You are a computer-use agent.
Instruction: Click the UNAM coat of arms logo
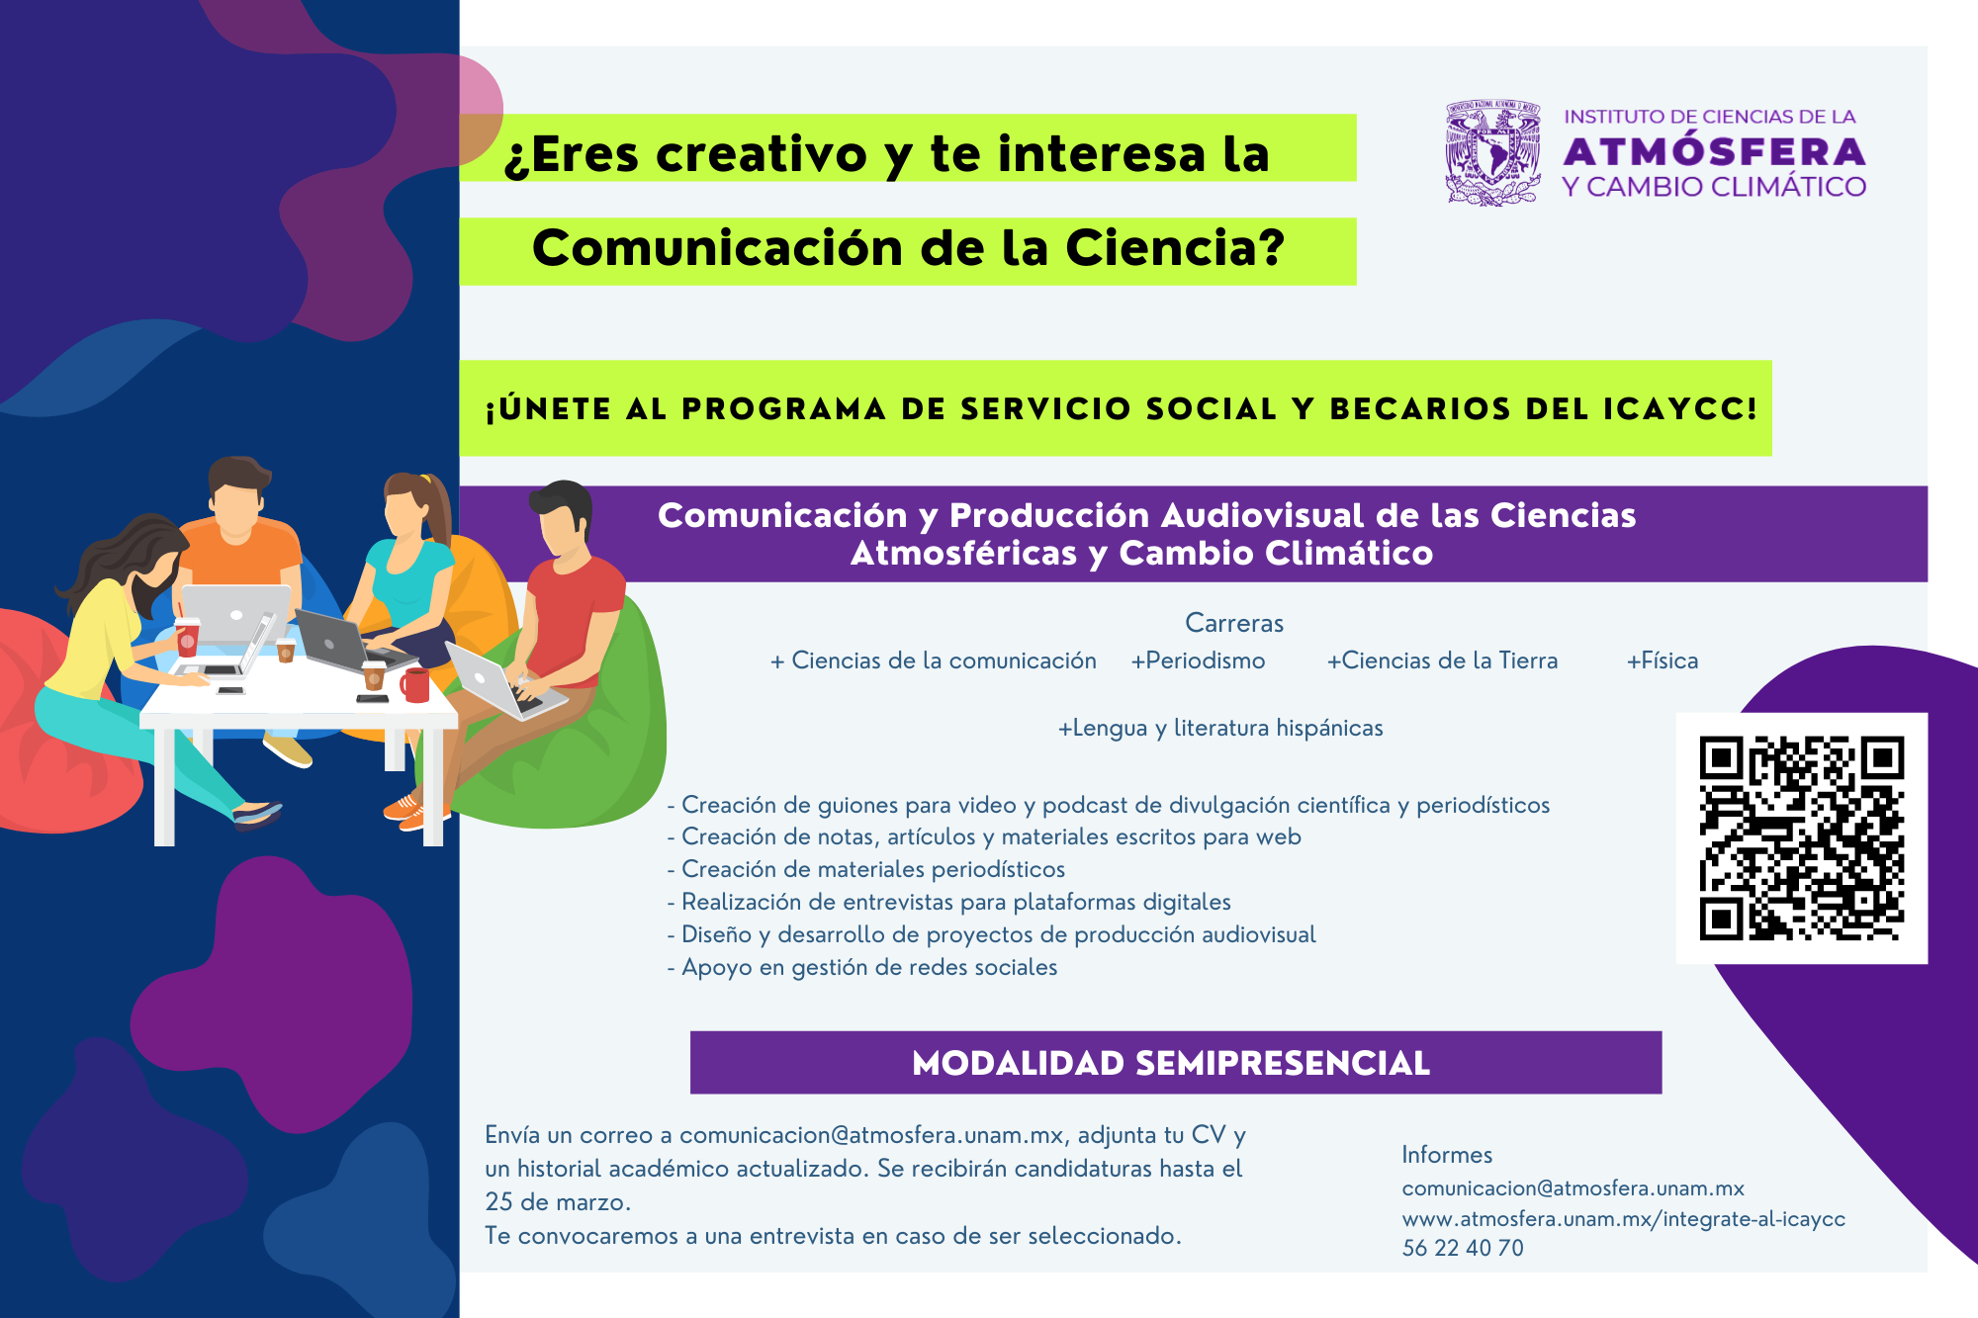click(x=1492, y=152)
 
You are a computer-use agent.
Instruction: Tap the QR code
click(x=1801, y=837)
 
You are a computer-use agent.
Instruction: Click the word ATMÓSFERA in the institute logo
click(x=1714, y=151)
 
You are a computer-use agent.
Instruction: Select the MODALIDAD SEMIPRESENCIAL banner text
click(x=1171, y=1063)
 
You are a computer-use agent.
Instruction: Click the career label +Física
click(x=1663, y=660)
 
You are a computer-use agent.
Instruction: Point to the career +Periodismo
click(x=1198, y=660)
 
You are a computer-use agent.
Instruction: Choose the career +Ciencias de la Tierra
click(x=1442, y=660)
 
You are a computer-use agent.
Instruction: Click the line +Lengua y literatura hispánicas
click(x=1220, y=729)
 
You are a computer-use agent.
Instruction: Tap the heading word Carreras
click(x=1234, y=623)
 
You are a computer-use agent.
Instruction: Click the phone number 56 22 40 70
click(x=1463, y=1248)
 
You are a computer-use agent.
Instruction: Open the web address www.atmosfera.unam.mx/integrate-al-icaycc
click(x=1624, y=1219)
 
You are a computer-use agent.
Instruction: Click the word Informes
click(x=1447, y=1155)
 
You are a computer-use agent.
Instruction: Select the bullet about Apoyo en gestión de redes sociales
click(x=862, y=967)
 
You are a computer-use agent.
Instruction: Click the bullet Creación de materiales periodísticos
click(x=866, y=869)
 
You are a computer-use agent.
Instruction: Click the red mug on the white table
click(x=415, y=684)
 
